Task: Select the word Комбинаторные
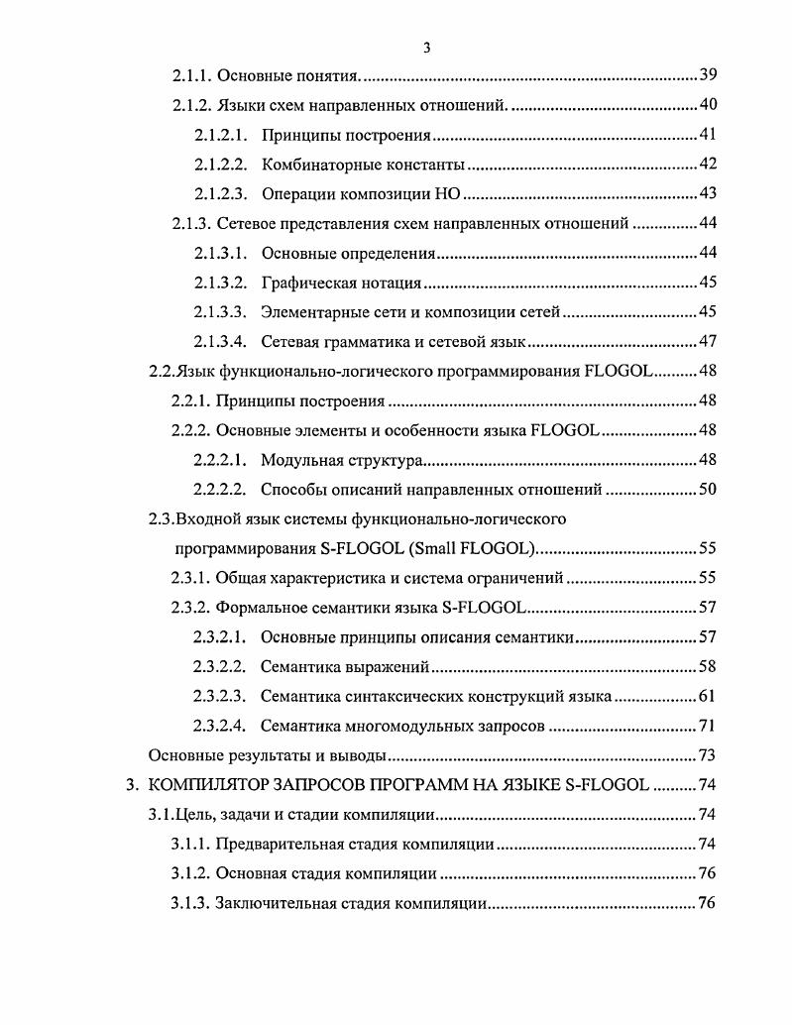(313, 165)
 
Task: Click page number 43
(708, 194)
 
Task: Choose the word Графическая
(304, 284)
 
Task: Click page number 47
(708, 342)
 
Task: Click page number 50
(708, 489)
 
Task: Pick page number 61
(708, 695)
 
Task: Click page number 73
(708, 754)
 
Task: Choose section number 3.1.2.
(190, 874)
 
